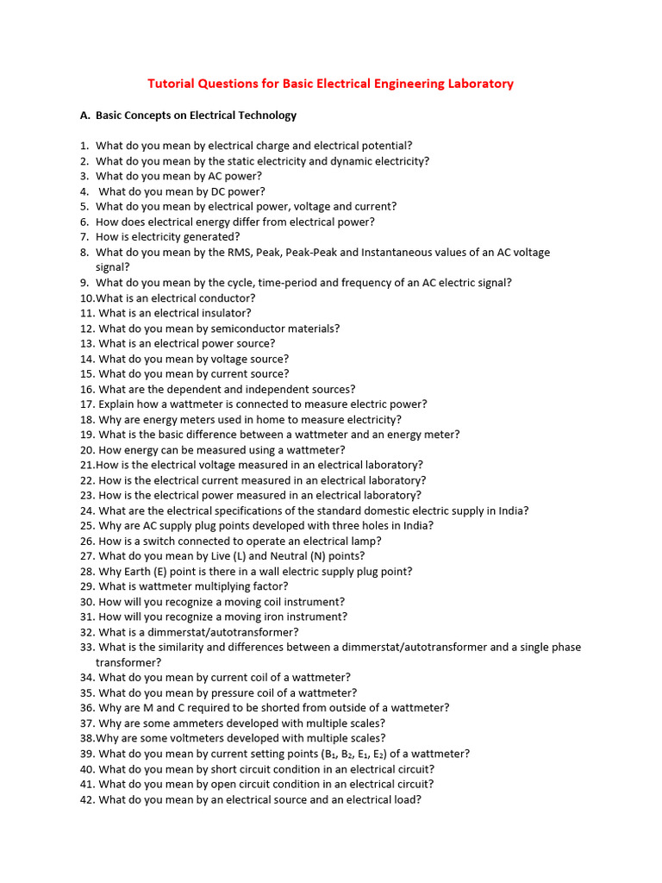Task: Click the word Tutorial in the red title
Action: (x=172, y=84)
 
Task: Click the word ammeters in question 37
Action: (x=185, y=723)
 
